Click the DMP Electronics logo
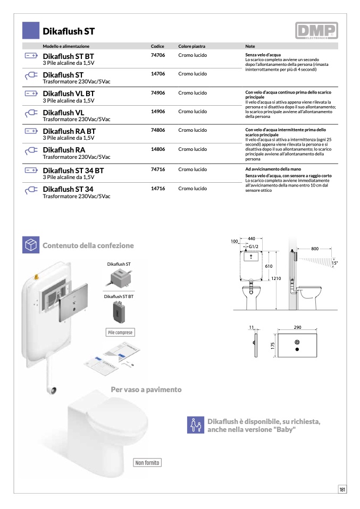tap(316, 31)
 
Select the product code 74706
tap(158, 55)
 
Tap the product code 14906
tap(158, 112)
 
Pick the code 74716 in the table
tap(158, 169)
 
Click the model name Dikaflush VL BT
tap(69, 94)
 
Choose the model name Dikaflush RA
tap(64, 150)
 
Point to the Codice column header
tap(157, 46)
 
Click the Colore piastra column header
tap(191, 46)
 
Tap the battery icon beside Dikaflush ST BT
tap(31, 56)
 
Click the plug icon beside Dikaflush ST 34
tap(31, 190)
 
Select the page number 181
tap(342, 490)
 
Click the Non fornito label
tap(147, 463)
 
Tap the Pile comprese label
tap(120, 333)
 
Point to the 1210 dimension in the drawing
tap(276, 278)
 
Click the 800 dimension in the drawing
tap(315, 249)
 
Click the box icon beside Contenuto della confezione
tap(31, 245)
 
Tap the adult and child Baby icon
tap(195, 425)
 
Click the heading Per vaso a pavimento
tap(146, 389)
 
